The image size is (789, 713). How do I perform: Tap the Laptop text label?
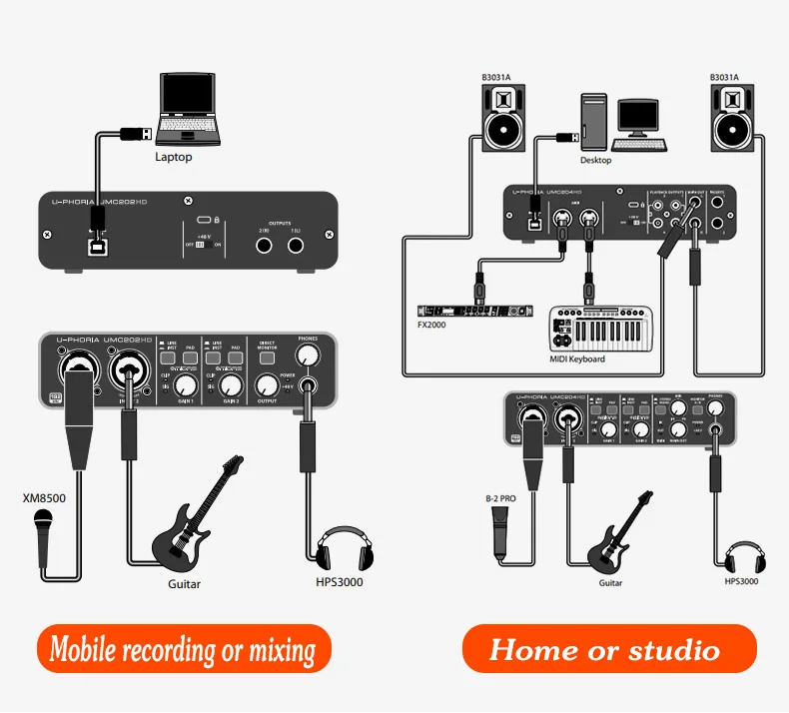point(174,157)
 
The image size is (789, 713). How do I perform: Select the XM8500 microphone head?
point(43,519)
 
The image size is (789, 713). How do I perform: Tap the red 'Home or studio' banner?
point(609,650)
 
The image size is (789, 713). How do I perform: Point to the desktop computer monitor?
point(636,118)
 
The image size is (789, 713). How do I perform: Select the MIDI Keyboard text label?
point(578,358)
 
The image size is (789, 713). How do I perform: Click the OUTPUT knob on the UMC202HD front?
point(265,384)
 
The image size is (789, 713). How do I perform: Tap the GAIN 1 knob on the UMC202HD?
point(184,384)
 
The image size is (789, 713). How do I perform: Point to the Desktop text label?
point(596,160)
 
